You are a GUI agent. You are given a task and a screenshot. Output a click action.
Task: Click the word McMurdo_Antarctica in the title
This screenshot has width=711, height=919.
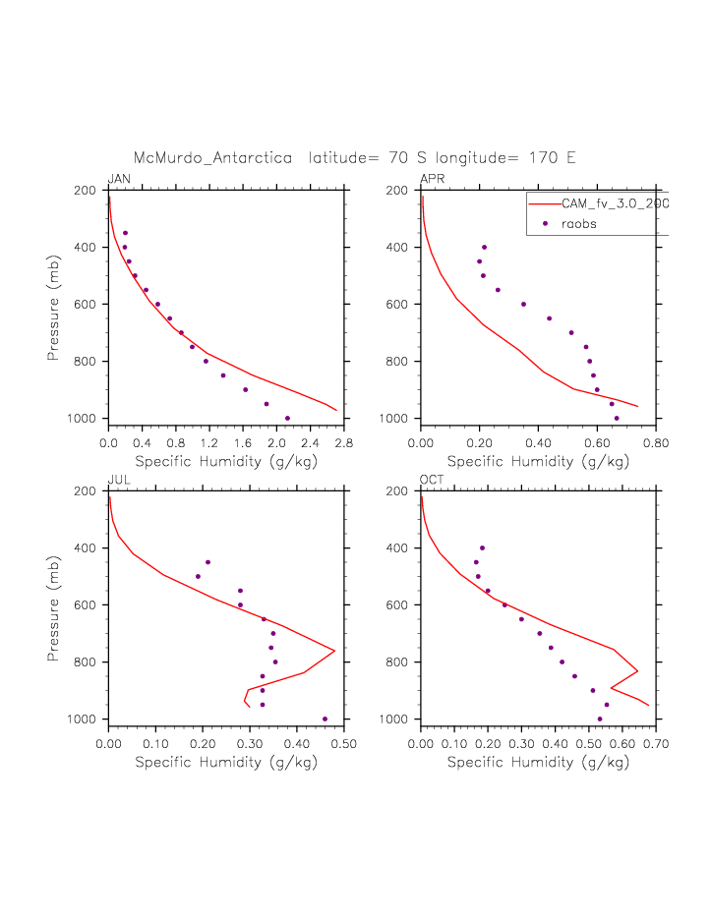[212, 157]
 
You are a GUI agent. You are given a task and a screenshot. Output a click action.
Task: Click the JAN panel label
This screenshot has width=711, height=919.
[119, 179]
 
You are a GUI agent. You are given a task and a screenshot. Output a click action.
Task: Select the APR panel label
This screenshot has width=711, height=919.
[432, 179]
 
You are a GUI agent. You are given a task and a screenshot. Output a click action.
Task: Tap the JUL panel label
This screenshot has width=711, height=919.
[118, 480]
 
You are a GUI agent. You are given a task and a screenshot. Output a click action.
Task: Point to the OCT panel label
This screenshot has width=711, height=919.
[432, 480]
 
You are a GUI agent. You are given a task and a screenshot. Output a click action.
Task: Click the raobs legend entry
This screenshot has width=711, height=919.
[578, 224]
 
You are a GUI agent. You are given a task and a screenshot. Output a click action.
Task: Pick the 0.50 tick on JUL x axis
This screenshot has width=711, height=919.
[343, 744]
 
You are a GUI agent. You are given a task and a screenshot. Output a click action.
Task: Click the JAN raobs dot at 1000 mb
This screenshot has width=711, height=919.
[287, 418]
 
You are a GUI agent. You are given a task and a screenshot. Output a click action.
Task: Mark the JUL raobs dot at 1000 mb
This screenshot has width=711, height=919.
[325, 718]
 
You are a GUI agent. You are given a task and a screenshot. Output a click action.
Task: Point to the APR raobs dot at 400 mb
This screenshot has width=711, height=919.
[484, 247]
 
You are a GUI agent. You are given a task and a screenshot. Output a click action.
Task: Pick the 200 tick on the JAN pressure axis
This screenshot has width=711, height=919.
[88, 191]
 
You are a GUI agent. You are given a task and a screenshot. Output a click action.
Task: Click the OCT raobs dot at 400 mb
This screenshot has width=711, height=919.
[482, 547]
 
